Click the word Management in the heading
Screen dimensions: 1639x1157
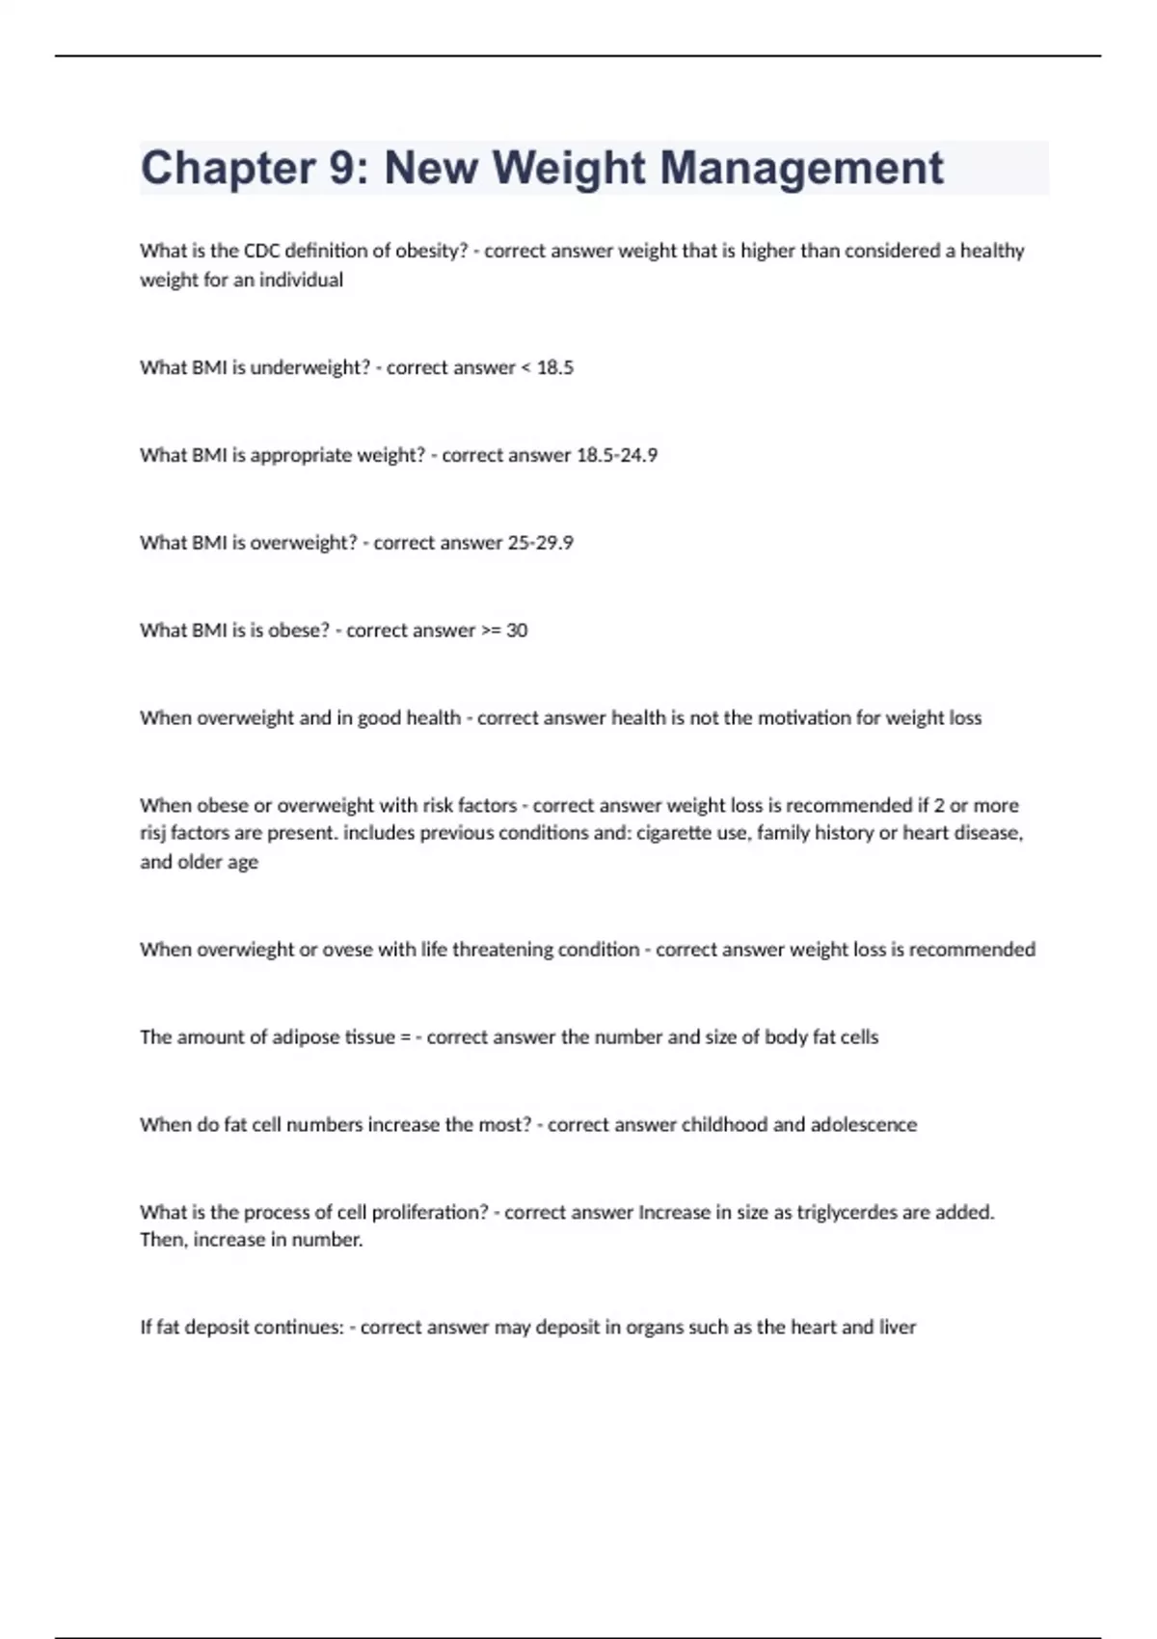pyautogui.click(x=801, y=169)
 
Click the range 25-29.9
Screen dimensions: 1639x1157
pyautogui.click(x=540, y=543)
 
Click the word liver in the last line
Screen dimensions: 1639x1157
pyautogui.click(x=898, y=1328)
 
